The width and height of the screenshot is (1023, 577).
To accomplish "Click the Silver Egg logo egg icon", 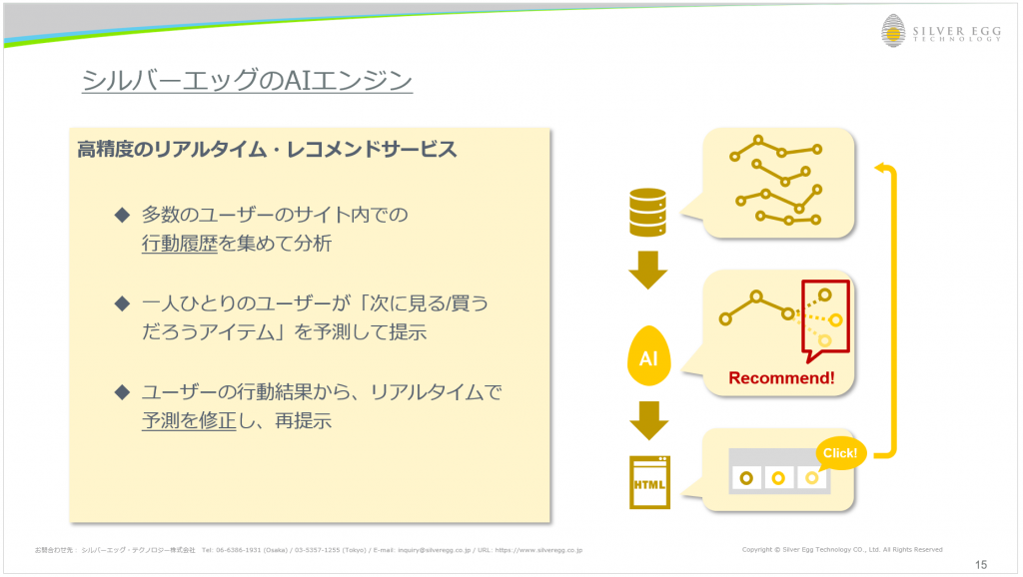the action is click(893, 31).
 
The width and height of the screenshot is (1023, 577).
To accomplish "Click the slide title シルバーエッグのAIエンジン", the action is click(247, 80).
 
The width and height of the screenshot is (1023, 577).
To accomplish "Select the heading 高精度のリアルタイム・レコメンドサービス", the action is click(267, 150).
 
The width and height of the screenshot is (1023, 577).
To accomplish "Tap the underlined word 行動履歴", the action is click(180, 244).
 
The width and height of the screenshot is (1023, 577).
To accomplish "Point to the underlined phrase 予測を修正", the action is click(189, 420).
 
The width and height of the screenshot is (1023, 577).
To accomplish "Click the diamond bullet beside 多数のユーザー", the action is click(122, 215).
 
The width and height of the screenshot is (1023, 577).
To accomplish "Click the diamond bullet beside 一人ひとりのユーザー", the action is click(122, 303).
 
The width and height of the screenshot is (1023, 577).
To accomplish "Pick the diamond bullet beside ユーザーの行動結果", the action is click(122, 392).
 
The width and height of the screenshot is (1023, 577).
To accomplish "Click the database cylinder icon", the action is click(647, 212).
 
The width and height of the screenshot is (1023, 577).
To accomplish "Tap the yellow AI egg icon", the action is click(648, 356).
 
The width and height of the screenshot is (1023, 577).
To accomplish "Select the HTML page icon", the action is click(649, 482).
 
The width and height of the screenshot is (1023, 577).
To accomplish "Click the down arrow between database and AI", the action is click(647, 270).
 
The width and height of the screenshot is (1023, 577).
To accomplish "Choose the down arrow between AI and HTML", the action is click(649, 420).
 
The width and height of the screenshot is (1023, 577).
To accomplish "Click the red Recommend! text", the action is click(781, 378).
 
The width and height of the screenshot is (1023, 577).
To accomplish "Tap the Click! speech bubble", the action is click(840, 453).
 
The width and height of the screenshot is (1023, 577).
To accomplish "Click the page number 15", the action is click(981, 565).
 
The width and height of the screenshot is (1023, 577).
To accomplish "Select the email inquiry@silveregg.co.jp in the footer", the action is click(434, 550).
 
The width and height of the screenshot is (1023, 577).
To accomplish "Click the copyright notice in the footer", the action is click(841, 550).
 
